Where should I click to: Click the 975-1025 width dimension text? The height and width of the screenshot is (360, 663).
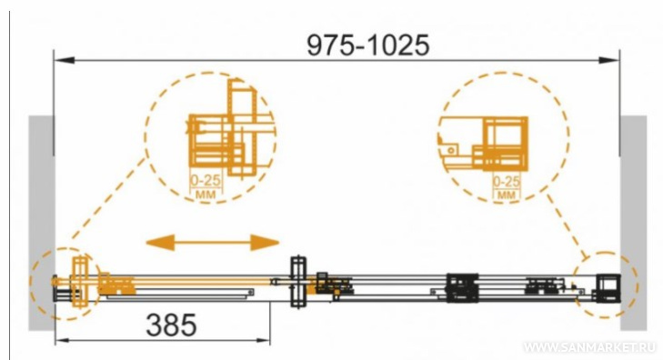[x=367, y=45]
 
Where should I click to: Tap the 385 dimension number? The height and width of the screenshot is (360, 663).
[x=171, y=325]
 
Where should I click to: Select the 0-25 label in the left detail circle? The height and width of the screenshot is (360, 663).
[x=206, y=180]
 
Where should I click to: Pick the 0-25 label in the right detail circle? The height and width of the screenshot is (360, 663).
[x=507, y=182]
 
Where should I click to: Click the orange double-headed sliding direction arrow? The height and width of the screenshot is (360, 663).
[x=212, y=243]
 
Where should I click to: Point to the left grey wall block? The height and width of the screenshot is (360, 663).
[x=42, y=223]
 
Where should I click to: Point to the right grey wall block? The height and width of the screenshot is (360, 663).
[x=633, y=223]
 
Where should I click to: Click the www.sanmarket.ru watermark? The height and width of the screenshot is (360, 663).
[x=590, y=347]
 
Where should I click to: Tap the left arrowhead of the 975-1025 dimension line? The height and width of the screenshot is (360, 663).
[x=65, y=60]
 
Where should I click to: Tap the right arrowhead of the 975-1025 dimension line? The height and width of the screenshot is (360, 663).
[x=609, y=60]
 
